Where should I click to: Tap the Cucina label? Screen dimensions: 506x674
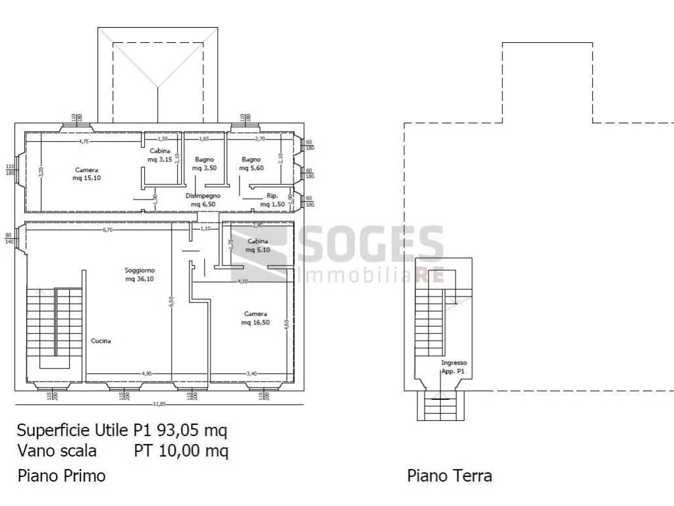[101, 341]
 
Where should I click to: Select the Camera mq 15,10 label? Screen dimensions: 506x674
[86, 175]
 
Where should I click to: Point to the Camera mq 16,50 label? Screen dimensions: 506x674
[255, 318]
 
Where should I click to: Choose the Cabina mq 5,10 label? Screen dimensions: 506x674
[258, 246]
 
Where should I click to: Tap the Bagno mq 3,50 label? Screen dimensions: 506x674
[205, 164]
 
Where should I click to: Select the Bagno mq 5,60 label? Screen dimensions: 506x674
[251, 164]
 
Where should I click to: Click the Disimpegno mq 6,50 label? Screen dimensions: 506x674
[203, 200]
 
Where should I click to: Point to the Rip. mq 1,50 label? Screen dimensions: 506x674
[272, 200]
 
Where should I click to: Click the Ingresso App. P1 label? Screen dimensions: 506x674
[454, 367]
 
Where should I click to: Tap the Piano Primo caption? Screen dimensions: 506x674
[61, 475]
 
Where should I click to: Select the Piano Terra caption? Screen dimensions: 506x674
[450, 475]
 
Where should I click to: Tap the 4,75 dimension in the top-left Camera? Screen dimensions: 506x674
[84, 141]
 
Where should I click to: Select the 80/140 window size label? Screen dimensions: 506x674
[9, 239]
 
